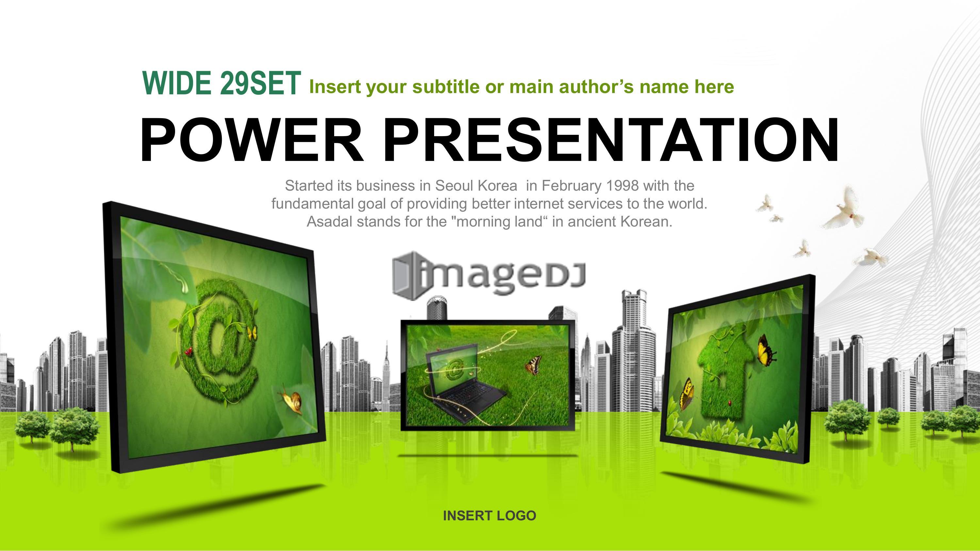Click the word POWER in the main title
(x=252, y=140)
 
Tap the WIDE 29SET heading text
(x=221, y=83)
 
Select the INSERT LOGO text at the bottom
(x=490, y=516)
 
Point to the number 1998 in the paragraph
(x=622, y=185)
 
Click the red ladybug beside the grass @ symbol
(x=188, y=352)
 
